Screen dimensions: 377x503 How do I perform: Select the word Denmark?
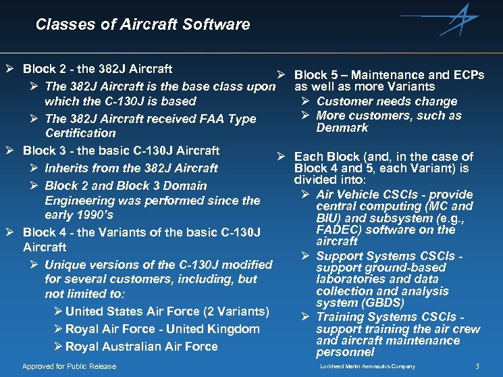342,128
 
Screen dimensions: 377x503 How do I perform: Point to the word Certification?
80,133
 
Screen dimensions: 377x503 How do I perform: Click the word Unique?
64,265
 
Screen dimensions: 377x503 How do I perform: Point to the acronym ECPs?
467,75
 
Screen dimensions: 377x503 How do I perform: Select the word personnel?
345,352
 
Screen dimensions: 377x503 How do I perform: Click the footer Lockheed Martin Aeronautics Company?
367,367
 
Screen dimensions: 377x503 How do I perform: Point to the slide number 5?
477,366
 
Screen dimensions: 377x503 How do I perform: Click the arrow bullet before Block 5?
284,75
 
